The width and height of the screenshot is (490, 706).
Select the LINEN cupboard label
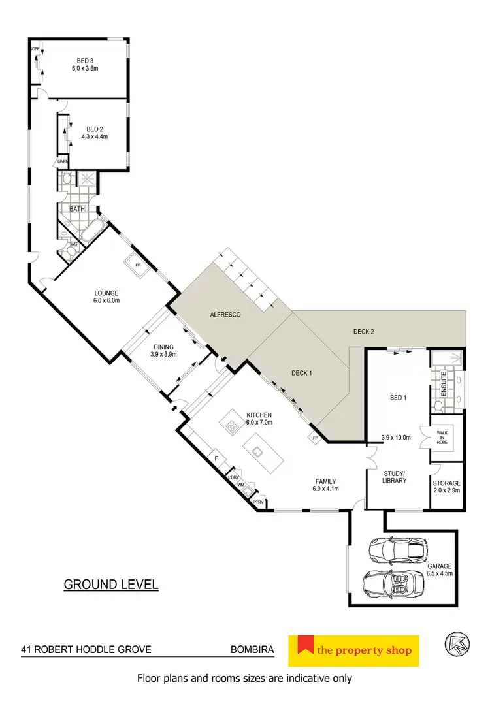[x=63, y=161]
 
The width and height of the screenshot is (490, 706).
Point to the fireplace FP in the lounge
[x=138, y=266]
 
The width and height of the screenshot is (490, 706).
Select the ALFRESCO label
[x=225, y=315]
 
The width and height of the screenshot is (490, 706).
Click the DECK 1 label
[x=301, y=373]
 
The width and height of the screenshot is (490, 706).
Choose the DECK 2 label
[x=363, y=332]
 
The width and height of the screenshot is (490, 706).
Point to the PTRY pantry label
[x=259, y=504]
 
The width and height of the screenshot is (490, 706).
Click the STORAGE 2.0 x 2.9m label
[x=447, y=486]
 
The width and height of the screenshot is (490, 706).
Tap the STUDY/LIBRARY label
[x=394, y=476]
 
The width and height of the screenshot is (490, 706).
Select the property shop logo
[x=353, y=650]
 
